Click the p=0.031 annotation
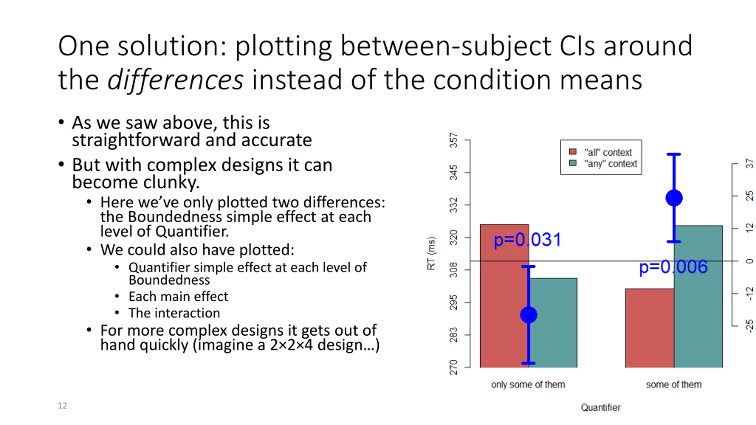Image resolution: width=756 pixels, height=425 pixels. coord(527,240)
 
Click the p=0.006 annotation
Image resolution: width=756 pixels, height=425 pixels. coord(673,267)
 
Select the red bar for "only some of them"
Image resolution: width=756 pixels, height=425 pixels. coord(504,296)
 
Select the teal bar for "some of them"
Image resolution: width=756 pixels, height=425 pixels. coord(698,296)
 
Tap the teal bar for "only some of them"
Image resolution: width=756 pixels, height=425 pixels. coord(553,323)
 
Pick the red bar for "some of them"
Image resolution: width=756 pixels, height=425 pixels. coord(650,328)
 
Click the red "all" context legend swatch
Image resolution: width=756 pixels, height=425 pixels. coord(573,152)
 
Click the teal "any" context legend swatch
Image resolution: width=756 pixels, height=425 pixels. coord(573,163)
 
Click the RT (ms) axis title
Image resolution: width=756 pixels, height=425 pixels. coord(431,253)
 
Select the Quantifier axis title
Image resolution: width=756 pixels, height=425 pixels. coord(601,408)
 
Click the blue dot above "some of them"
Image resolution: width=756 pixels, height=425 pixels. coord(674,198)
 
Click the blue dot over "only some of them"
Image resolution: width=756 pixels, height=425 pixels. coord(529,315)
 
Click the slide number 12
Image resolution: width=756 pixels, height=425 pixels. coord(62,406)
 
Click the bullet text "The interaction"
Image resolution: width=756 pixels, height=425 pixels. coord(174,313)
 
